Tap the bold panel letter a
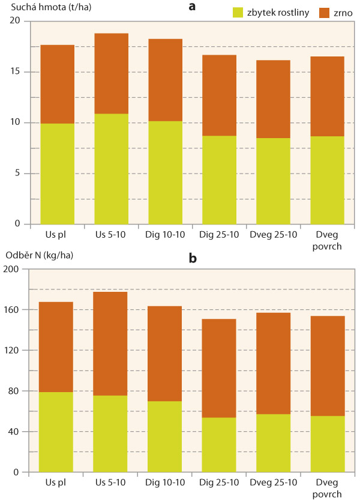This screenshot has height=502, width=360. [192, 7]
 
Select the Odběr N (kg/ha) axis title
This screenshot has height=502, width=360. [39, 255]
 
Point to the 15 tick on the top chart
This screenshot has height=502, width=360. [16, 72]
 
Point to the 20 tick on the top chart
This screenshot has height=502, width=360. [16, 21]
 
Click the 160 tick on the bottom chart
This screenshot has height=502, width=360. [13, 310]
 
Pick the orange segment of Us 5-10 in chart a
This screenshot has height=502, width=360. [111, 73]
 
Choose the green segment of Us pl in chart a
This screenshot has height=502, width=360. [57, 174]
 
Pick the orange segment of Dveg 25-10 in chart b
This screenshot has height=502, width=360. [274, 363]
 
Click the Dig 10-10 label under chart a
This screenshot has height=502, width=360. [165, 233]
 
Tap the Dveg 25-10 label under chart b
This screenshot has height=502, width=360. [274, 483]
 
